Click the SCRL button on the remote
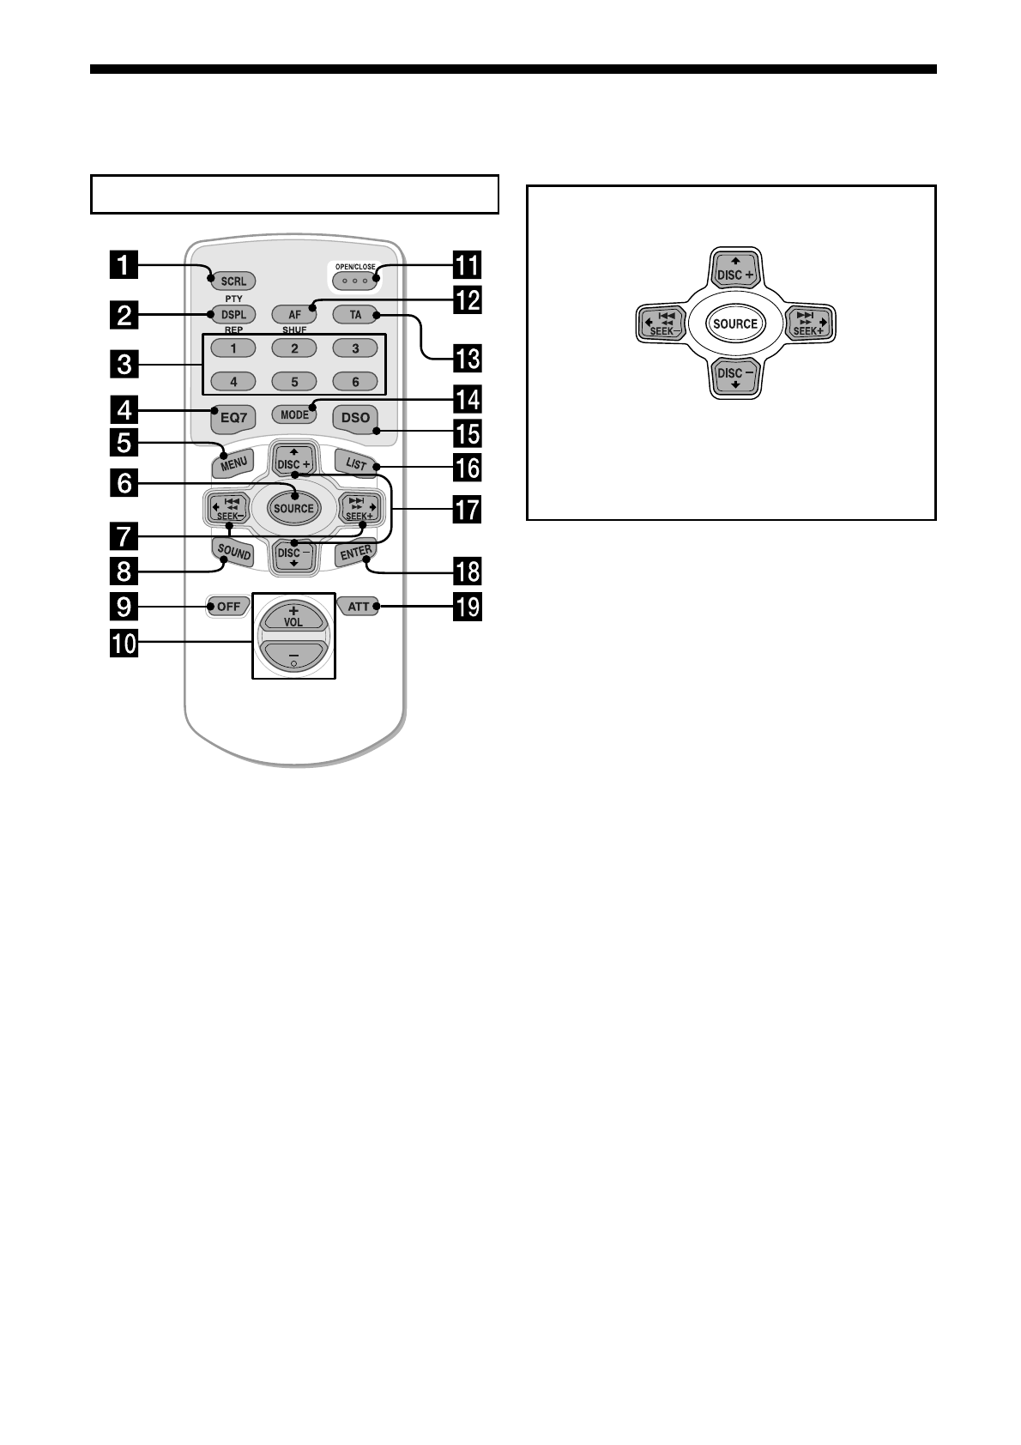[233, 281]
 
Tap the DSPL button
[233, 315]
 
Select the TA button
[355, 315]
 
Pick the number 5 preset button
[294, 382]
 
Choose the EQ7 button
[233, 417]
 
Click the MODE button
[294, 414]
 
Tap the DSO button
[355, 417]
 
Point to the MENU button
[233, 464]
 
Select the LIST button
[355, 464]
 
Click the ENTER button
[355, 554]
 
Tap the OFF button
[228, 607]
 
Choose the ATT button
[359, 607]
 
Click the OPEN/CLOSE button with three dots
[354, 280]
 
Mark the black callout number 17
[468, 510]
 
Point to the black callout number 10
[125, 642]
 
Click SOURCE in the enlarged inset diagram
[734, 323]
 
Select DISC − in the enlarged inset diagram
[734, 377]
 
